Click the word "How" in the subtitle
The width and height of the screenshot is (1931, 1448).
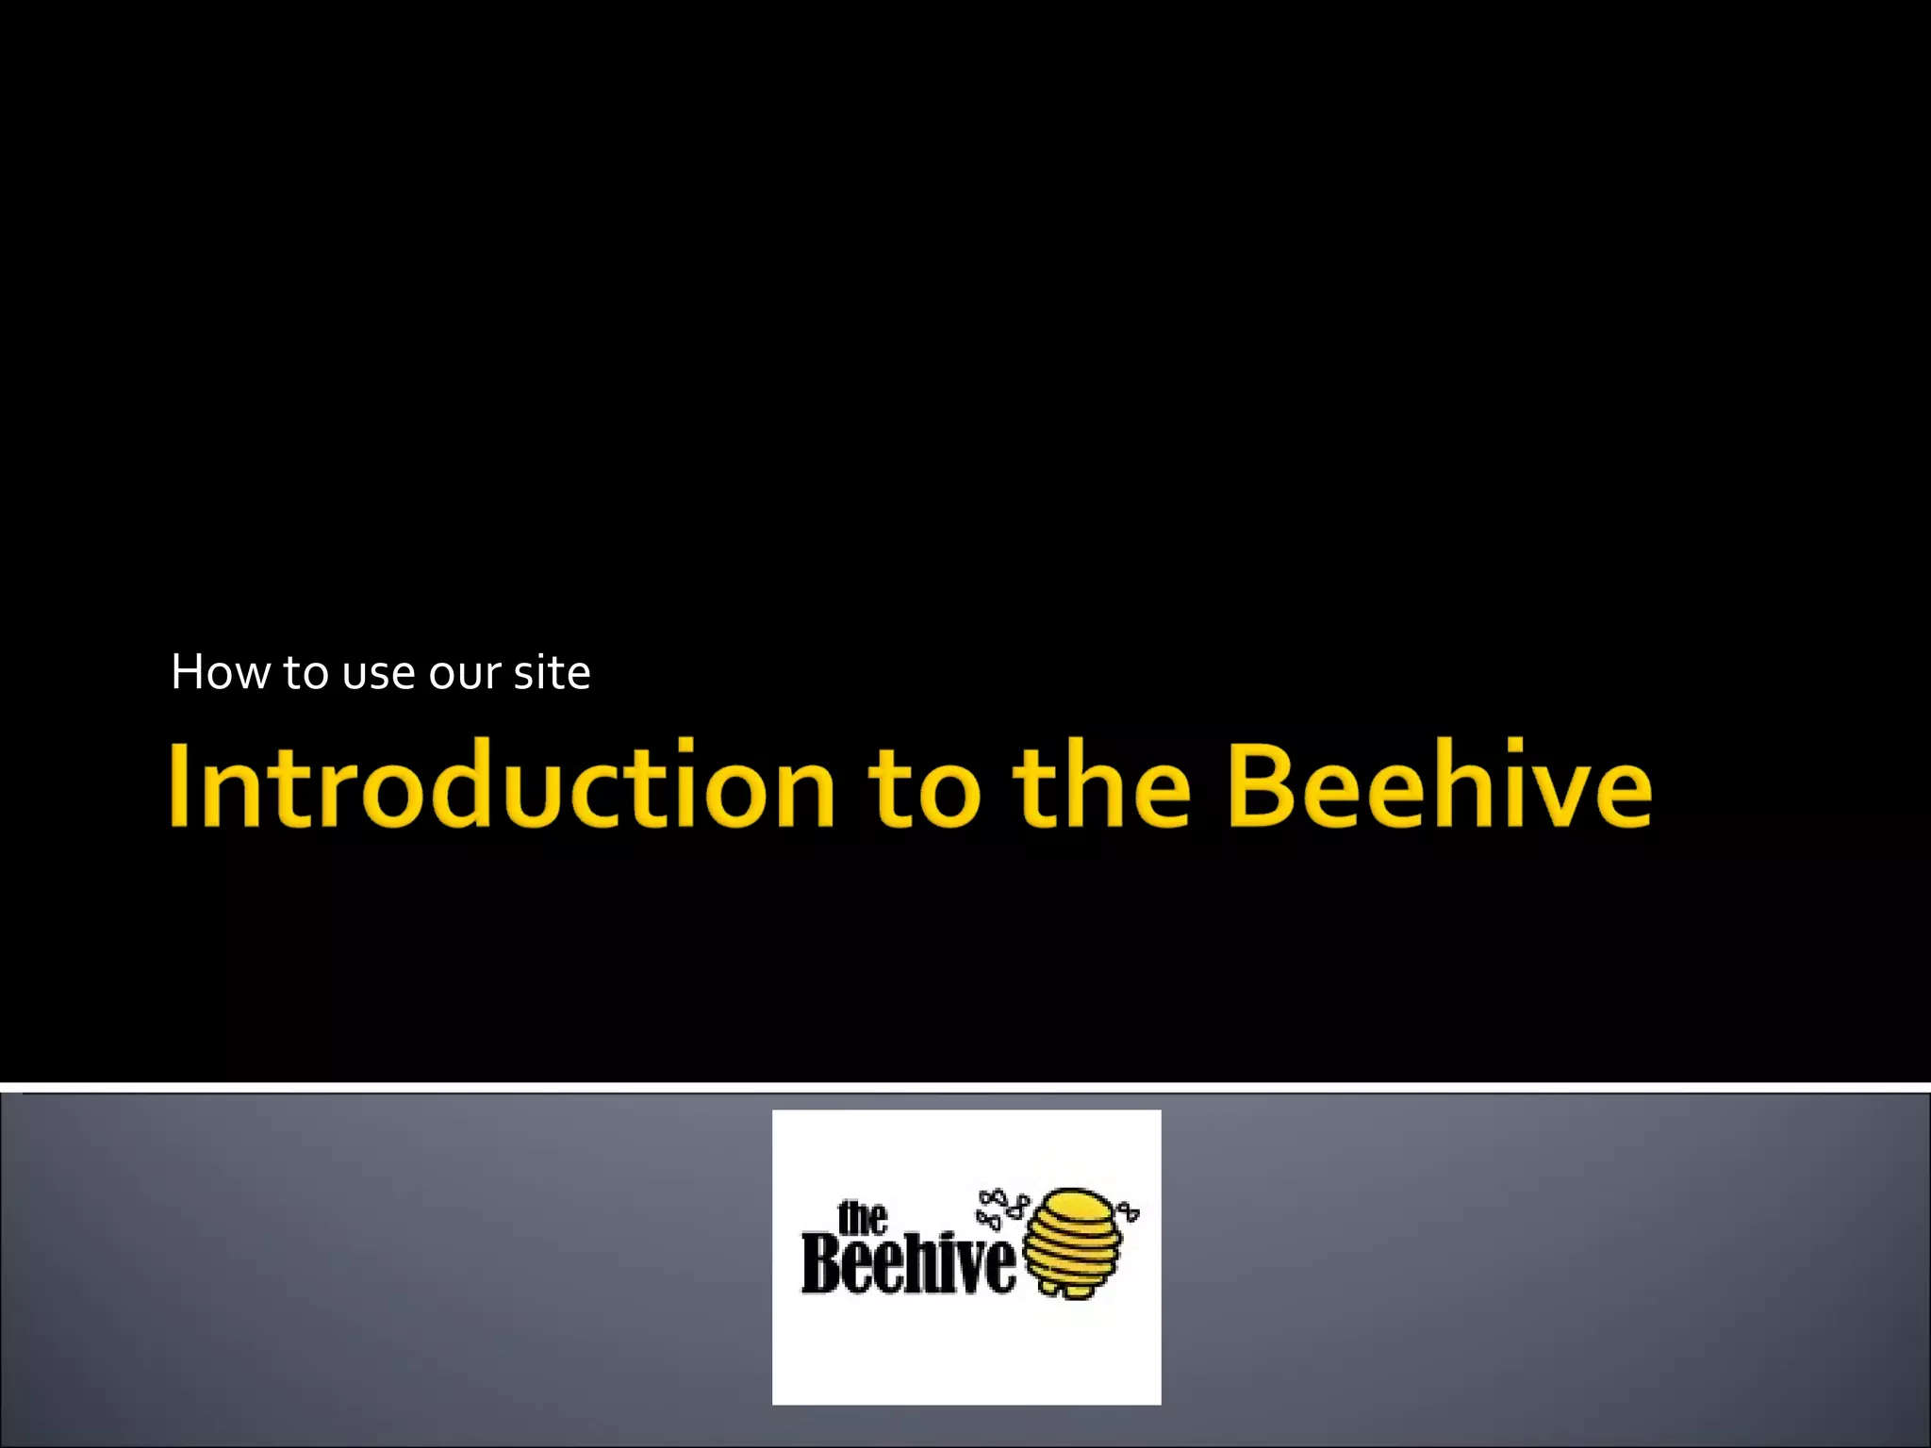(x=220, y=673)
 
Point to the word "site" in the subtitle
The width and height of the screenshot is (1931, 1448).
(x=552, y=673)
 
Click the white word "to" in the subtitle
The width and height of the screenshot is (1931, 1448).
(x=305, y=675)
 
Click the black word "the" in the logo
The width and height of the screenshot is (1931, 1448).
(x=862, y=1218)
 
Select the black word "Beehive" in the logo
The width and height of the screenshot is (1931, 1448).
(x=908, y=1263)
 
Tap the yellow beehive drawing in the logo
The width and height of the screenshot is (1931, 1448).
(x=1073, y=1244)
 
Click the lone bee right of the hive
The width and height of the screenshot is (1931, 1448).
(x=1128, y=1211)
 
